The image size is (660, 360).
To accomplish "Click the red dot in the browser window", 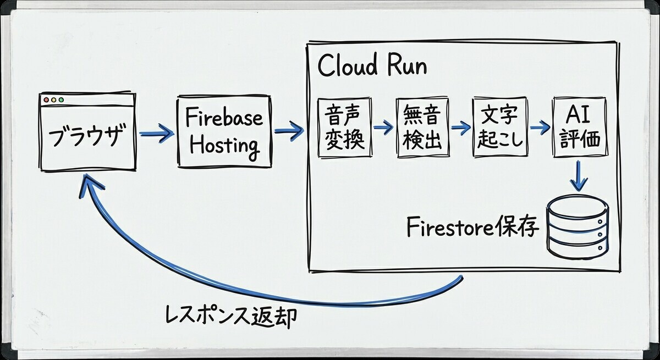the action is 46,100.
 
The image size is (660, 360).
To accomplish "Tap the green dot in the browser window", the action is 61,100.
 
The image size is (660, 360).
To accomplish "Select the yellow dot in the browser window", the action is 54,100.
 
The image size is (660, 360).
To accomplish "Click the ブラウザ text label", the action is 86,135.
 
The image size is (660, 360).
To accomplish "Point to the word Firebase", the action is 224,117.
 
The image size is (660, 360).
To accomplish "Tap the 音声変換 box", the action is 345,128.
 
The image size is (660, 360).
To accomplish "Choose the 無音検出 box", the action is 422,128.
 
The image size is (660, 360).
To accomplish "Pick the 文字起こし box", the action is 500,127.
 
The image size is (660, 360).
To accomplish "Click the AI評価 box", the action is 580,127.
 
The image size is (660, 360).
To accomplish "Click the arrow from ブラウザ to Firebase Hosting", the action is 157,134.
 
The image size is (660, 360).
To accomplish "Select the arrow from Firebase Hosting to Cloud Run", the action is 289,131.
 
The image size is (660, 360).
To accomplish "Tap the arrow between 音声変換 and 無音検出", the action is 383,127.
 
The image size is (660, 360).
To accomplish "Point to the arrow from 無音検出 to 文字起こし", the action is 460,127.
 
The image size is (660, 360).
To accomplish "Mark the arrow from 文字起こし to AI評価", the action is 540,127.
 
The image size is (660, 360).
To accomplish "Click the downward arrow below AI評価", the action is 579,176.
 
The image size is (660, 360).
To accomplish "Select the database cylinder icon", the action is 577,226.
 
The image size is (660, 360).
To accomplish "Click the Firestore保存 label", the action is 473,228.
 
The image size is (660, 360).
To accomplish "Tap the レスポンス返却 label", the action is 231,318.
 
